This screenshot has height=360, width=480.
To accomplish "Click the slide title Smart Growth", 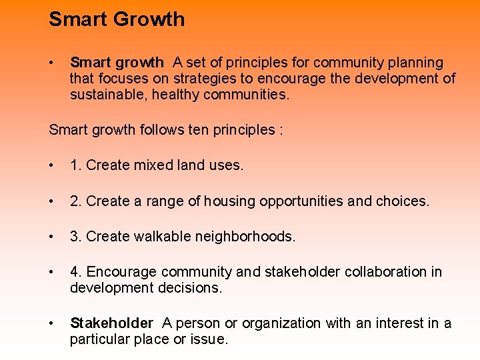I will point(117,19).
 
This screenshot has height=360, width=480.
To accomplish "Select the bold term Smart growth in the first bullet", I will point(117,63).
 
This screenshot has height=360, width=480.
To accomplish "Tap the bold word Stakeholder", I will point(111,323).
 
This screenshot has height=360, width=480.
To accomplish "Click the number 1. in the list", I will point(76,165).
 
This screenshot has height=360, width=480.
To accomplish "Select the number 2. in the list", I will point(76,201).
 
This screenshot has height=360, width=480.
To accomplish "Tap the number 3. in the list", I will point(76,237).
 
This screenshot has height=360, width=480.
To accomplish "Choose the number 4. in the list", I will point(76,272).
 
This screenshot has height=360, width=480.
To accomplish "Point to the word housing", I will point(229,201).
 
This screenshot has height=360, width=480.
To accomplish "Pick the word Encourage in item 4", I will point(118,272).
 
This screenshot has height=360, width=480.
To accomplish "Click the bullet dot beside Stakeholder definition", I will point(52,323).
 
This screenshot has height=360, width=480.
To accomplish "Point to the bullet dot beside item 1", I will point(52,165).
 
